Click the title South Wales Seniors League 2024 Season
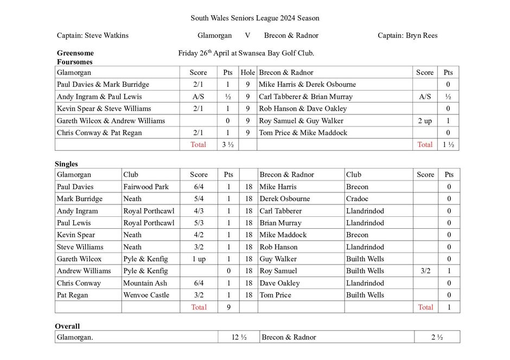pyautogui.click(x=254, y=18)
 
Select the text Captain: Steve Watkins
pyautogui.click(x=93, y=36)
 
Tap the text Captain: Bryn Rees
pyautogui.click(x=407, y=36)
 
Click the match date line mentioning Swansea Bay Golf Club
pyautogui.click(x=246, y=53)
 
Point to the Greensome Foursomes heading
pyautogui.click(x=75, y=57)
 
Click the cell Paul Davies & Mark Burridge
pyautogui.click(x=103, y=85)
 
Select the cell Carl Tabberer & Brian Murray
pyautogui.click(x=306, y=97)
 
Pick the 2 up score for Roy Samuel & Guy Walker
pyautogui.click(x=425, y=121)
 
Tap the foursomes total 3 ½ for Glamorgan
pyautogui.click(x=228, y=145)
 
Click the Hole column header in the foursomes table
pyautogui.click(x=248, y=73)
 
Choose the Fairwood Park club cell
pyautogui.click(x=146, y=187)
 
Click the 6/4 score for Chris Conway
pyautogui.click(x=199, y=283)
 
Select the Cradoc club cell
pyautogui.click(x=357, y=199)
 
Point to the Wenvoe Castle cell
pyautogui.click(x=146, y=295)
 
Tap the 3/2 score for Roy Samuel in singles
pyautogui.click(x=425, y=271)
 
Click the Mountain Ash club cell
pyautogui.click(x=146, y=283)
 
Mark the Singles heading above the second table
pyautogui.click(x=66, y=164)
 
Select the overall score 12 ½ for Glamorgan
pyautogui.click(x=239, y=337)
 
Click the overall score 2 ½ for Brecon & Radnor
pyautogui.click(x=437, y=337)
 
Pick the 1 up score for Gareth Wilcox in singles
pyautogui.click(x=199, y=259)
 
